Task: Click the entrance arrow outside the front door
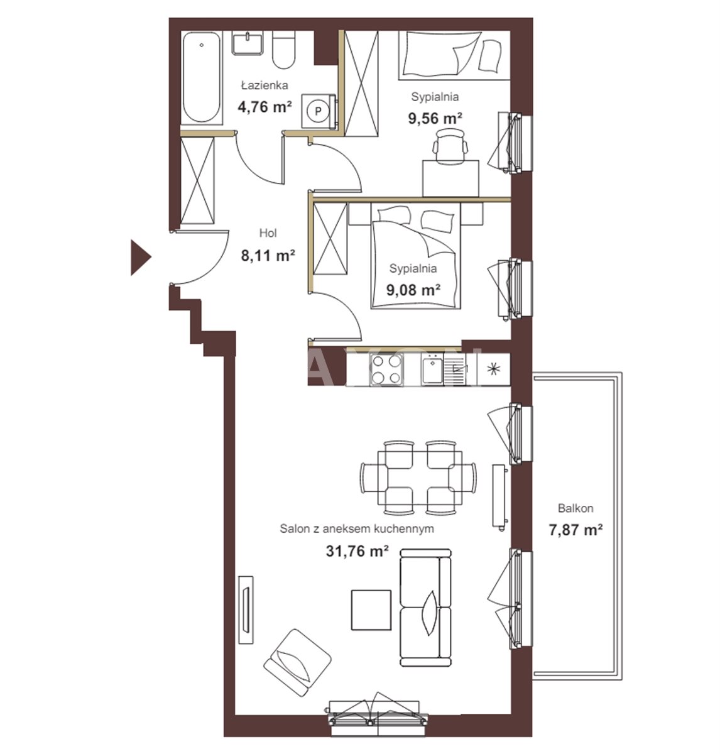click(x=139, y=257)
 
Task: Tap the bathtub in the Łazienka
click(x=202, y=78)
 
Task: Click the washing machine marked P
click(x=318, y=111)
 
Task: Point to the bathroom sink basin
click(x=248, y=43)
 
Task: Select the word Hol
click(x=268, y=233)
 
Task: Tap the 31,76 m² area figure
click(x=357, y=550)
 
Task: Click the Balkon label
click(x=575, y=508)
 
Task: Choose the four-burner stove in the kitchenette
click(x=386, y=369)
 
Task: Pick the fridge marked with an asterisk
click(x=493, y=369)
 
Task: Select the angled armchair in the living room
click(x=297, y=664)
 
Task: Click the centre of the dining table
click(x=420, y=478)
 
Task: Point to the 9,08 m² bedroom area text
click(x=413, y=290)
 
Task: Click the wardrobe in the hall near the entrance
click(x=197, y=180)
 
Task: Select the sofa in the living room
click(x=425, y=608)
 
